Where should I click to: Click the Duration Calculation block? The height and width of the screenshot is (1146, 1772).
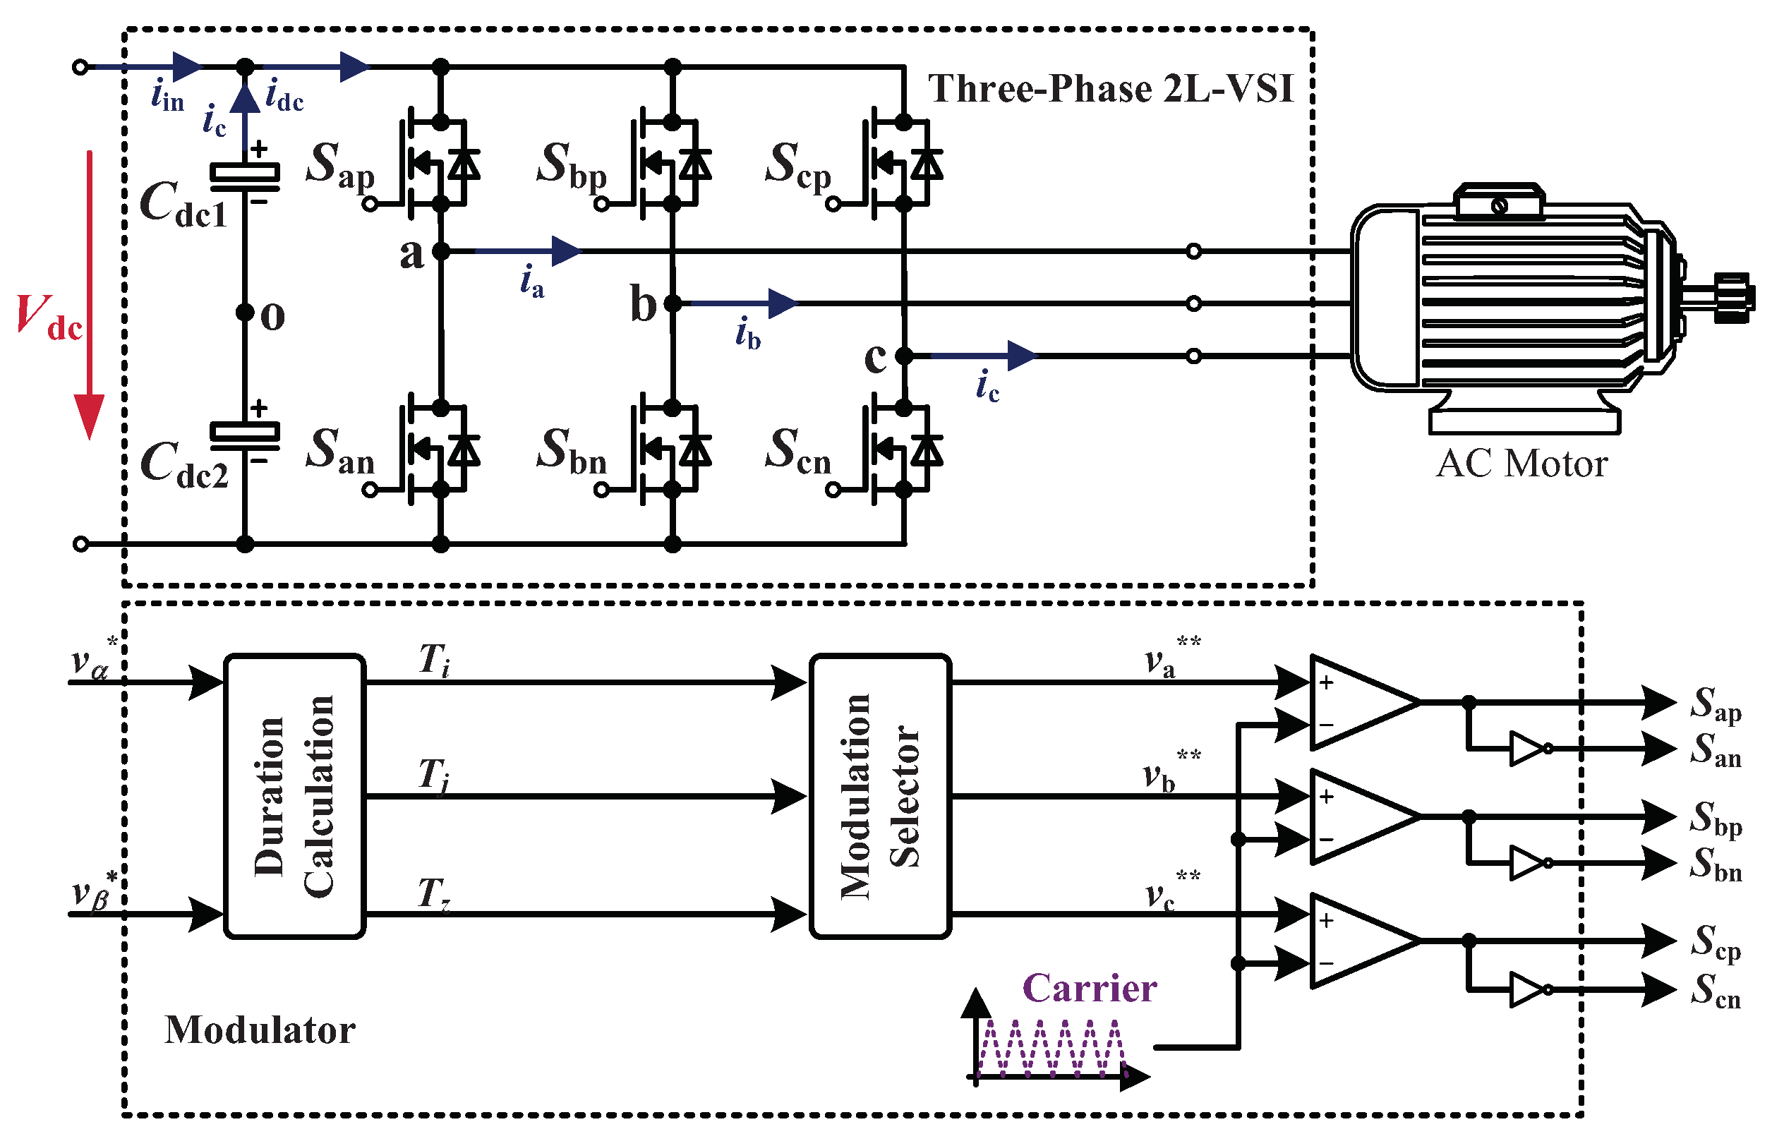(x=294, y=796)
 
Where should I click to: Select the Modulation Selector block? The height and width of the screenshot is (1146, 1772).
(x=880, y=796)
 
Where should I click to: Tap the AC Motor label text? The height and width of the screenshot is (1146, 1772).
(x=1521, y=464)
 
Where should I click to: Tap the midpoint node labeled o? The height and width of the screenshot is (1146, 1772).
(x=245, y=312)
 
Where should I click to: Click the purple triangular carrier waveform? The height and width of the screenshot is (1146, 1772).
(x=1051, y=1049)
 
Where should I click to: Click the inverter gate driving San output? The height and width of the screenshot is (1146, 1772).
(x=1528, y=749)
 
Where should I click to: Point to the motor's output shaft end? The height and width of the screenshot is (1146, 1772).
(x=1734, y=298)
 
